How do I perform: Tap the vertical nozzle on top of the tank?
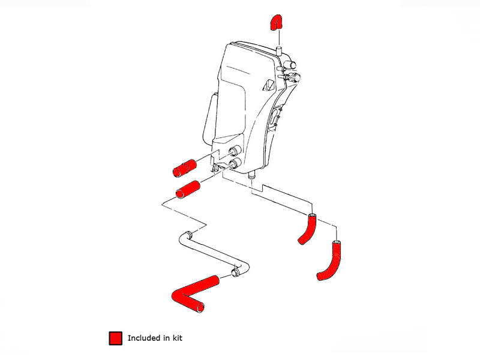tap(279, 51)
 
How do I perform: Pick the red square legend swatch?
tap(115, 338)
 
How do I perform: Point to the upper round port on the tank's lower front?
tap(235, 151)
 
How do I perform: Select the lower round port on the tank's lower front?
tap(235, 163)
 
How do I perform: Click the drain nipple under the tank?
tap(251, 175)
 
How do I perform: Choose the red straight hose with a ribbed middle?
tap(184, 168)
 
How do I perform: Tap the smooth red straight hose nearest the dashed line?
tap(188, 190)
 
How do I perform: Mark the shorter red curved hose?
tap(308, 228)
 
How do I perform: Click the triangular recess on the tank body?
tap(268, 85)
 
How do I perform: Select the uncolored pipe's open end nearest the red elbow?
tap(235, 272)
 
